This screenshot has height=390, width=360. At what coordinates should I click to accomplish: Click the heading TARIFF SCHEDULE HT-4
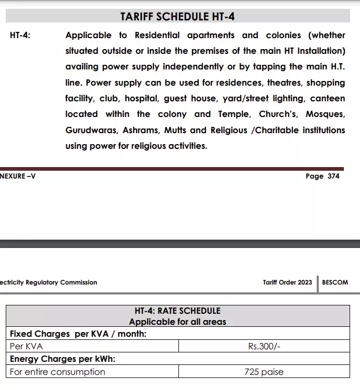(177, 17)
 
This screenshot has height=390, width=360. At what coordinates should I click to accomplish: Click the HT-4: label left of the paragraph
(20, 36)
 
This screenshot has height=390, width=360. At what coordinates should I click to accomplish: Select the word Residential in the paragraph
(157, 36)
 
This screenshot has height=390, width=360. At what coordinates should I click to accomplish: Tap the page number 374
(333, 176)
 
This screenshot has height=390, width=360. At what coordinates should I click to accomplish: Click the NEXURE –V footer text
(18, 176)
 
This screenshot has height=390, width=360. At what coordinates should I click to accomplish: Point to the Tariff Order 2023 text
(287, 282)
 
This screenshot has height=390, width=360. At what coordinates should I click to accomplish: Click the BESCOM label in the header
(335, 282)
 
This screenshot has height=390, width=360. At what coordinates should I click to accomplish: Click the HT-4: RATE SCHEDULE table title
(177, 311)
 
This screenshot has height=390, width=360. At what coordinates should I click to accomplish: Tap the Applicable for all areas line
(177, 322)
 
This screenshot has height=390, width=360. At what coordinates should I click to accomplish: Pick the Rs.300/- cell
(265, 346)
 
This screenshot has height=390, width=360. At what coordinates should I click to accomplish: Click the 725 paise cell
(264, 372)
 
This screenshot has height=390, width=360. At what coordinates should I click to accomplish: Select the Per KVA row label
(27, 346)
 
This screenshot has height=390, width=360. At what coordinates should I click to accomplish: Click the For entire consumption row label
(57, 372)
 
